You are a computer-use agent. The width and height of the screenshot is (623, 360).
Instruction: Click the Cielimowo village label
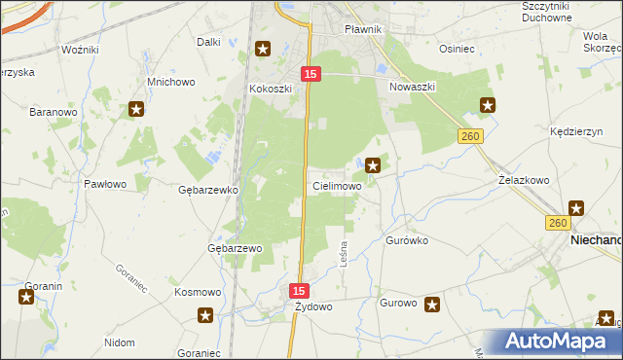click(x=337, y=185)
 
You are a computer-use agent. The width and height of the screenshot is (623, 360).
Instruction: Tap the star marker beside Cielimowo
click(x=373, y=165)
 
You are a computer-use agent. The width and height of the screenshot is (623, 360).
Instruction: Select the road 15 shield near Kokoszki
click(x=311, y=74)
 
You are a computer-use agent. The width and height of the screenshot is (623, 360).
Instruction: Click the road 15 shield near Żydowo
click(x=299, y=290)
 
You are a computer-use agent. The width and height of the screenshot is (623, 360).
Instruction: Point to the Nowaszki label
click(x=412, y=87)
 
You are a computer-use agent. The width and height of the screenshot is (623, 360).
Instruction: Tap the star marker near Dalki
click(x=263, y=49)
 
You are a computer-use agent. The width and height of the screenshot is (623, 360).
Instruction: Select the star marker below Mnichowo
click(x=137, y=109)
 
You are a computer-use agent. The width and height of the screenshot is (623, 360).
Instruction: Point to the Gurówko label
click(x=407, y=239)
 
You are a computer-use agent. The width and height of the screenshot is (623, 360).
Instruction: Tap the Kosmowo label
click(x=198, y=292)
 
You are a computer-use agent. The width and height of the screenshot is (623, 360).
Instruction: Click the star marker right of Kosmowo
click(x=206, y=314)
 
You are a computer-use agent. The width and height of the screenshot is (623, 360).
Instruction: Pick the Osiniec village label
click(x=457, y=49)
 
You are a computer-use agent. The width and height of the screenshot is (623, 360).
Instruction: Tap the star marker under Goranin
click(x=25, y=297)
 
